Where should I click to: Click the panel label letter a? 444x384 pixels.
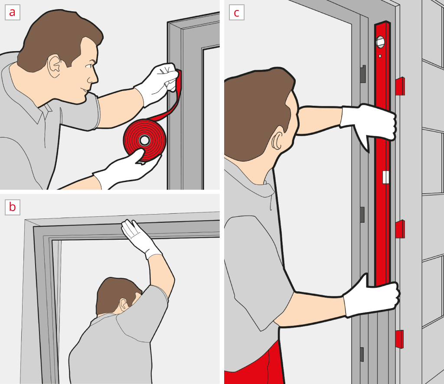point(12,13)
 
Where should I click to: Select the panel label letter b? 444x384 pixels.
point(12,207)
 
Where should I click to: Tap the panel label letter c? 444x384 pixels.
point(236,13)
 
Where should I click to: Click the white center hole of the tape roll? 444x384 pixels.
point(145,140)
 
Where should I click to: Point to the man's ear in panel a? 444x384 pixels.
point(54,66)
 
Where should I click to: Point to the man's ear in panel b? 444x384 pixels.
point(123,304)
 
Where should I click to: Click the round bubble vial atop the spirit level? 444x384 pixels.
point(380,42)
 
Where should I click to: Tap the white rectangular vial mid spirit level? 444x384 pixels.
point(385,177)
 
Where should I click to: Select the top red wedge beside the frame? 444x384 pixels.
point(400,86)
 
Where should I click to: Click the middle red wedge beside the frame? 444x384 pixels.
point(400,229)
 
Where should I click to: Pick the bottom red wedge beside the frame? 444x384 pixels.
point(399,339)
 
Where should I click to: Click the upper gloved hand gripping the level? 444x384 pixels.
point(368,124)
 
